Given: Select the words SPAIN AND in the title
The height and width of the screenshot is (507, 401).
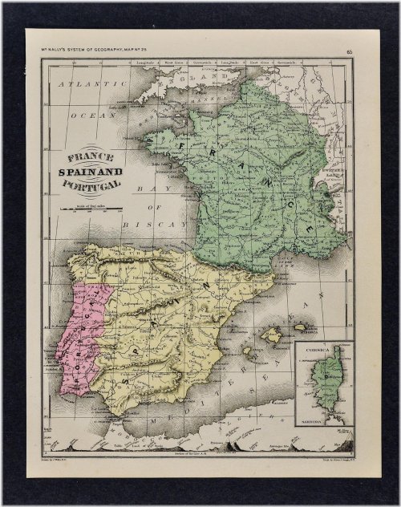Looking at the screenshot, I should [x=91, y=171].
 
